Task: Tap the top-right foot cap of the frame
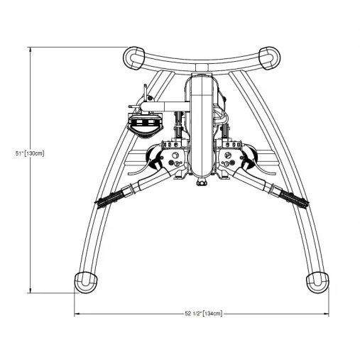pos(271,56)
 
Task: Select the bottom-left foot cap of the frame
pos(86,280)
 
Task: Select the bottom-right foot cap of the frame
pos(319,280)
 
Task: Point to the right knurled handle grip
pos(294,198)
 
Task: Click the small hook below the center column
pos(202,184)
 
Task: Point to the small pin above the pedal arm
pos(146,92)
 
